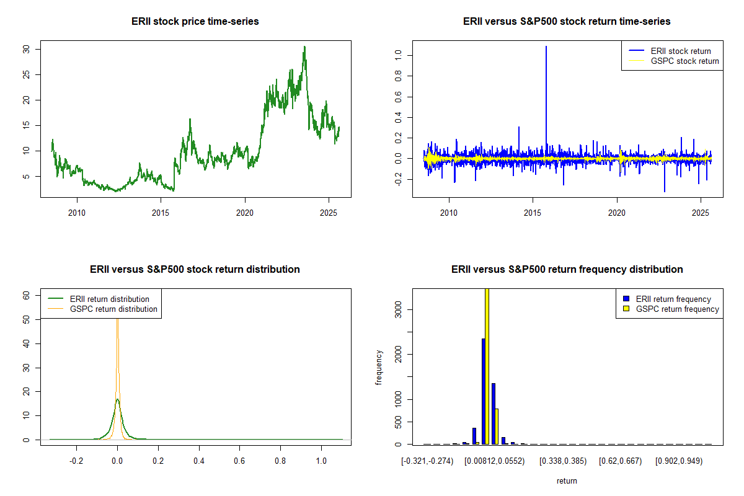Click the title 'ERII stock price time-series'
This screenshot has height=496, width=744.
click(x=195, y=22)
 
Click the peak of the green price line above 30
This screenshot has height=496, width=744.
click(x=304, y=47)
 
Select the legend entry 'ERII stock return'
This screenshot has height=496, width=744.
click(x=680, y=51)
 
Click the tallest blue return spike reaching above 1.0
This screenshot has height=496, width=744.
click(x=546, y=47)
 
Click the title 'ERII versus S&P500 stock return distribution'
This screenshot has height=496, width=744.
click(x=195, y=270)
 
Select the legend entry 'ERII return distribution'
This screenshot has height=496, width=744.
click(x=109, y=299)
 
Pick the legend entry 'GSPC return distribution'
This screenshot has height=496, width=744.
click(x=113, y=309)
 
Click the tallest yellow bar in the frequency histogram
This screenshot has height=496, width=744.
click(x=487, y=366)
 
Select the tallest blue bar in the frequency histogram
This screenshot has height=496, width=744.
click(x=483, y=391)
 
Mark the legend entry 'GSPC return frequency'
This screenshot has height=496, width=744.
click(x=677, y=309)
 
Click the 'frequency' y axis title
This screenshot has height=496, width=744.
click(x=379, y=367)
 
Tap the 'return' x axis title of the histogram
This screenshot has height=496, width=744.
click(x=567, y=480)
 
